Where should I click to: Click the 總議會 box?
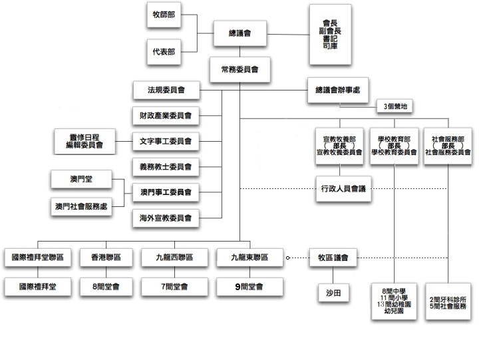pyautogui.click(x=239, y=34)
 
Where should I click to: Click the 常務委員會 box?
pyautogui.click(x=239, y=69)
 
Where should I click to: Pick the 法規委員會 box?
pyautogui.click(x=166, y=89)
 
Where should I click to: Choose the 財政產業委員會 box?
pyautogui.click(x=166, y=115)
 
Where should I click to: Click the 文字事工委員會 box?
pyautogui.click(x=166, y=141)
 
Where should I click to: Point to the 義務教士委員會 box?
pyautogui.click(x=166, y=166)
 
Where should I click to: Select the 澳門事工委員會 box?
pyautogui.click(x=166, y=192)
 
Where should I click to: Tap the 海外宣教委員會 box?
pyautogui.click(x=166, y=218)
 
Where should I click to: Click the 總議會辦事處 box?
pyautogui.click(x=337, y=90)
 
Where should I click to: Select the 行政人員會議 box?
pyautogui.click(x=343, y=189)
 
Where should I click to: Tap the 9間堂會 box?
pyautogui.click(x=250, y=287)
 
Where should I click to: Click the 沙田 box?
pyautogui.click(x=333, y=292)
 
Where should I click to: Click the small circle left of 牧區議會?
pyautogui.click(x=288, y=257)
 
